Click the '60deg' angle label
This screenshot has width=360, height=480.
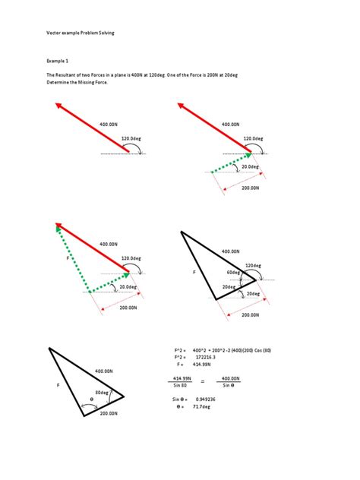(x=232, y=272)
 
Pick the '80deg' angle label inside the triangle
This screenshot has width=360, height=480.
(x=102, y=392)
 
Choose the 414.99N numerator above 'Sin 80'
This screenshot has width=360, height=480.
(x=182, y=377)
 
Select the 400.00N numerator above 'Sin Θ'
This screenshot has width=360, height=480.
(x=231, y=377)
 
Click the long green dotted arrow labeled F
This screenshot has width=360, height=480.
(x=73, y=258)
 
